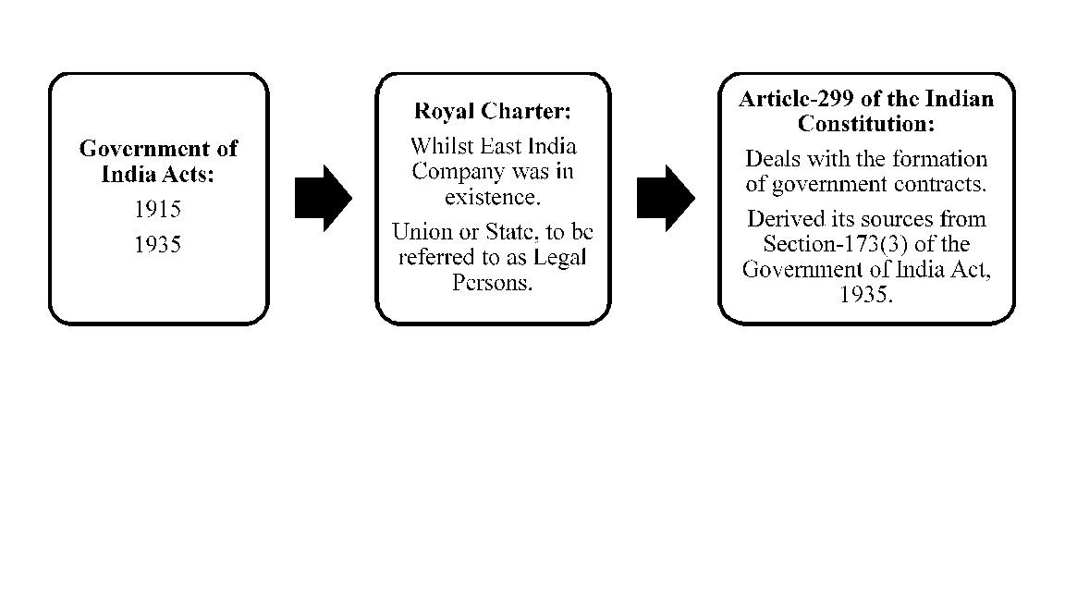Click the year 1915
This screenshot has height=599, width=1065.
[157, 210]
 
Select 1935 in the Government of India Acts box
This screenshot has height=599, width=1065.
[157, 245]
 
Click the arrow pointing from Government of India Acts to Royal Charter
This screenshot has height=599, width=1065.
[323, 198]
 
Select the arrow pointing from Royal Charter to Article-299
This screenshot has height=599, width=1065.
[666, 198]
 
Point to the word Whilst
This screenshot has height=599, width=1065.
[437, 147]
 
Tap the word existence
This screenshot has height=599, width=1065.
[492, 197]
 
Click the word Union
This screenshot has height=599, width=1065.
[416, 231]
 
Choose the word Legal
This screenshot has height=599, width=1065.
[559, 256]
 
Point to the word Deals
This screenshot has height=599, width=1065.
[771, 159]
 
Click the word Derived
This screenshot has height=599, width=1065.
[785, 219]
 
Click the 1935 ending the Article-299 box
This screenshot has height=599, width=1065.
[865, 294]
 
